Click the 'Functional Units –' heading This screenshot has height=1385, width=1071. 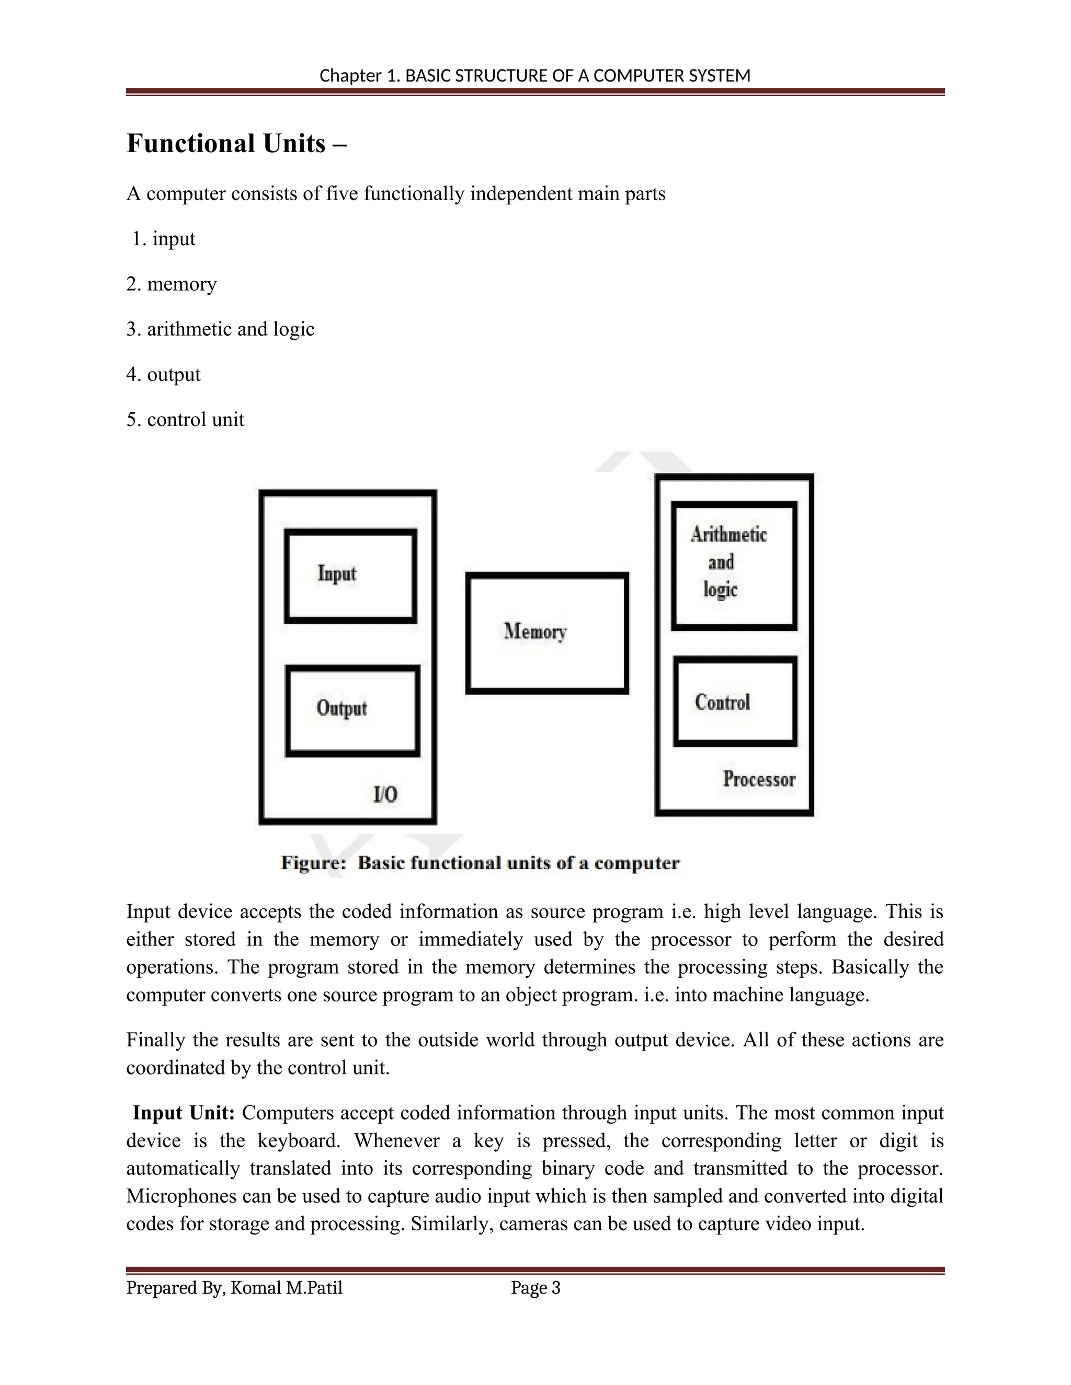pos(237,144)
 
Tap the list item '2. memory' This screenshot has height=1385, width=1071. pos(172,284)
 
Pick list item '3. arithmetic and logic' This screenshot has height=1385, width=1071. pos(220,329)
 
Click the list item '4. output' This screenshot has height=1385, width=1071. pos(163,374)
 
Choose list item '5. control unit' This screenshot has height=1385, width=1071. pos(185,420)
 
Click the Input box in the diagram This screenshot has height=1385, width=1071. pos(350,576)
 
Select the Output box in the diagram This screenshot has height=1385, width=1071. pos(353,710)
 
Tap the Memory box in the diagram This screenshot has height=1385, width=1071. pos(547,633)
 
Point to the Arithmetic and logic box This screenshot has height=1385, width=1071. pos(734,564)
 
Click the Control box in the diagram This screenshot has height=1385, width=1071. pos(735,702)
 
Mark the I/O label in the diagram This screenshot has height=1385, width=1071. pos(385,794)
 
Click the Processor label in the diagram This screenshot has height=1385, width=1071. pos(759,779)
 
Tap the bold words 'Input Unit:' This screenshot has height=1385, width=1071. pos(184,1113)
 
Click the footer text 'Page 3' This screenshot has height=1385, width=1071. pos(535,1288)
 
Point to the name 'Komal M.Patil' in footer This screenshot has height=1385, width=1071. pos(286,1288)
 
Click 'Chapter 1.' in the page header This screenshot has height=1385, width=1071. pos(359,76)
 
